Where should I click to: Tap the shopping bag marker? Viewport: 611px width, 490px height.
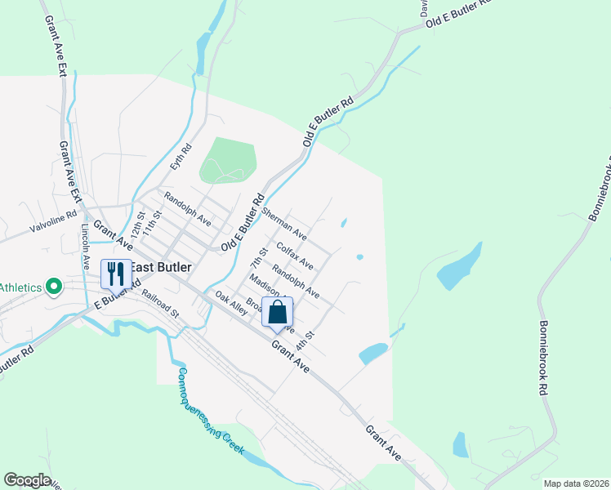tap(278, 312)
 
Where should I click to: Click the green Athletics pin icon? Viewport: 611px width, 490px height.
tap(54, 286)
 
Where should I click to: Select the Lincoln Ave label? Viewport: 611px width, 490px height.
tap(85, 248)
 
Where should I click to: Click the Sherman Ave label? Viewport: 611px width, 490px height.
tap(283, 223)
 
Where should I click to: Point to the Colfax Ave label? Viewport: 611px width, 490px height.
tap(295, 255)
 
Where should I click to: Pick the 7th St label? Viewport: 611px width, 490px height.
tap(260, 260)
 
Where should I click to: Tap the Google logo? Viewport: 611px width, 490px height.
tap(27, 480)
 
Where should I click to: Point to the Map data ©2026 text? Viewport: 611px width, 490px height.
tap(576, 483)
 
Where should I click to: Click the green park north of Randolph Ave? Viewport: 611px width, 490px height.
tap(228, 160)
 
